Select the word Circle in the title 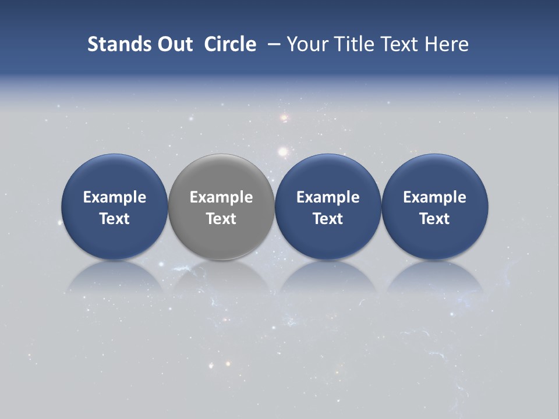[230, 44]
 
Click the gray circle [221, 207]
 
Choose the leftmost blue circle [114, 207]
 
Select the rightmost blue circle [435, 207]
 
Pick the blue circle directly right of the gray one [328, 207]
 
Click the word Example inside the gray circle [221, 197]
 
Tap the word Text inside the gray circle [221, 219]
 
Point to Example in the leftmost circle [114, 197]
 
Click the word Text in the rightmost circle [435, 219]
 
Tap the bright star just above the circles [283, 152]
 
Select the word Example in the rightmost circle [435, 197]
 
